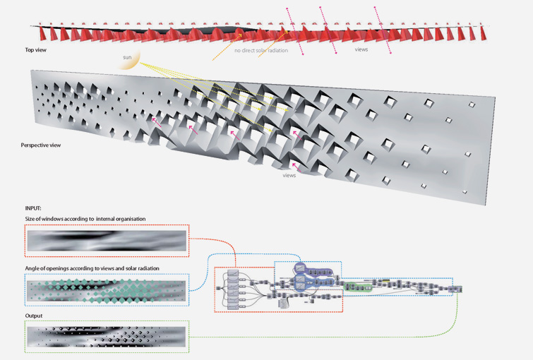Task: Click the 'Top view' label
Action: (35, 50)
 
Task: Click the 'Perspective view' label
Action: (41, 145)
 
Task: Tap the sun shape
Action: (128, 59)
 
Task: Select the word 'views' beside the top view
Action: (361, 50)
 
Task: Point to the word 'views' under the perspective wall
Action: (289, 175)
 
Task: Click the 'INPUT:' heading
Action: (33, 209)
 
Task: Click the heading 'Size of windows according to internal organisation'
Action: (85, 220)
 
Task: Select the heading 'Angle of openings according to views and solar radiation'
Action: (92, 268)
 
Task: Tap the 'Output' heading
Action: (34, 316)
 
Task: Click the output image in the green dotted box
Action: (106, 337)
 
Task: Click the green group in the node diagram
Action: (360, 286)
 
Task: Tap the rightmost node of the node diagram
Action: (458, 288)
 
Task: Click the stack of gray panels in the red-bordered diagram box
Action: (234, 289)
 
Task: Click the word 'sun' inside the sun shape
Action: (127, 56)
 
